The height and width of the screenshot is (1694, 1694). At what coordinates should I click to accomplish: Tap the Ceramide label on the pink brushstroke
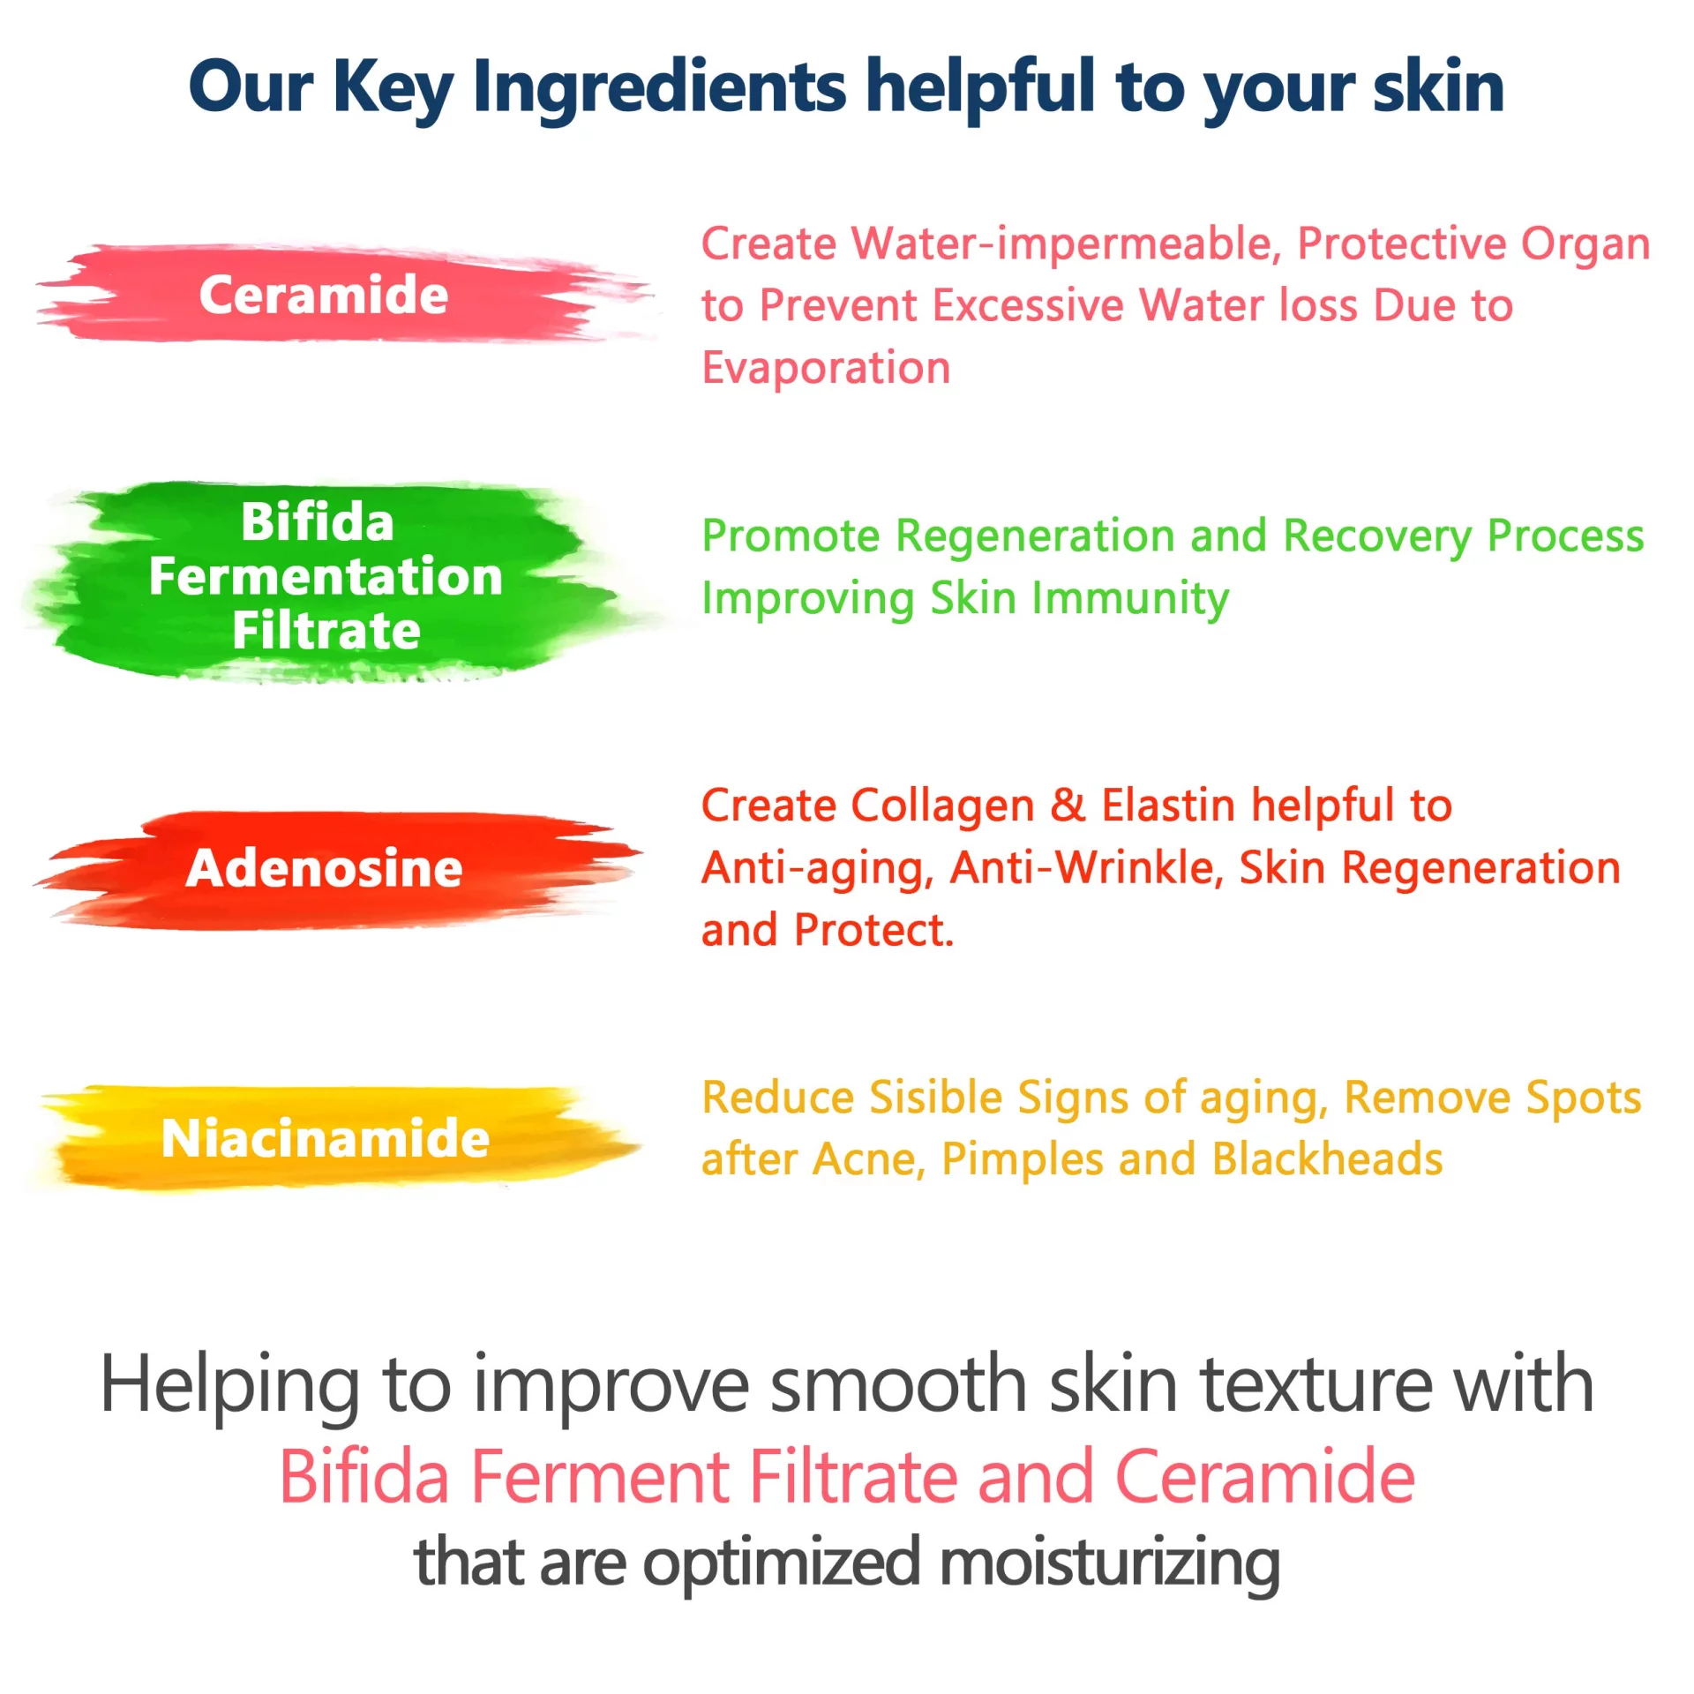tap(324, 295)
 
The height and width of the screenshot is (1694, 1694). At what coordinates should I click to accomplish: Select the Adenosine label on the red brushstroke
tap(324, 868)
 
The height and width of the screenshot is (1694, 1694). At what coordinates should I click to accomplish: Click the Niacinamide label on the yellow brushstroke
tap(326, 1137)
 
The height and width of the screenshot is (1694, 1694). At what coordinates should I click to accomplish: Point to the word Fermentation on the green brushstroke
tap(326, 576)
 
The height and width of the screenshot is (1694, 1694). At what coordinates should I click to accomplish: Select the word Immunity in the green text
tap(1130, 599)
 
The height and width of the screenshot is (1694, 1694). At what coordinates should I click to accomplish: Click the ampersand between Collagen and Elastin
tap(1068, 806)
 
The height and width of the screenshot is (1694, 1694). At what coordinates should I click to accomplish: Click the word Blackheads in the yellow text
tap(1328, 1159)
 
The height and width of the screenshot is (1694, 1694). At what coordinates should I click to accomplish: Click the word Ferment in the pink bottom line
tap(600, 1478)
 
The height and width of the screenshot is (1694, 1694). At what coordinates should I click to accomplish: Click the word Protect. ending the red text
tap(873, 931)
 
